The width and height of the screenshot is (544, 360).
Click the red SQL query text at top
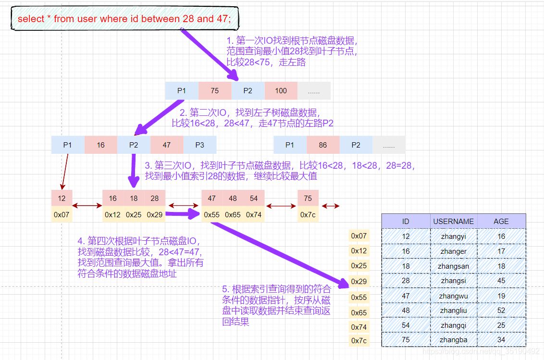tap(124, 19)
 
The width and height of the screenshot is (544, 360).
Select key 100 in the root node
tap(281, 90)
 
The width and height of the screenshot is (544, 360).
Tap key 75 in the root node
tap(214, 90)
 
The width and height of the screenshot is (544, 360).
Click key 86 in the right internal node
tap(322, 145)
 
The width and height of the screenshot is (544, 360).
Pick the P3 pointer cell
tap(199, 145)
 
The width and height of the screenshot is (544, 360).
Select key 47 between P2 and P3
tap(166, 145)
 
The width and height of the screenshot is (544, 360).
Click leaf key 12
tap(62, 198)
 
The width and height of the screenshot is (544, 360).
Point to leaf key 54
tap(253, 198)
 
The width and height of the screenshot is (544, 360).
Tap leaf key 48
tap(233, 198)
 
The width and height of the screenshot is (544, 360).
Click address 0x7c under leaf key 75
tap(308, 214)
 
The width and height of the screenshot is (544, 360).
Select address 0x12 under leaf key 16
tap(112, 214)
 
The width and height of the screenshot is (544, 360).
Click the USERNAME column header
tap(453, 221)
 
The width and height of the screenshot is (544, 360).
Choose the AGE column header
tap(501, 221)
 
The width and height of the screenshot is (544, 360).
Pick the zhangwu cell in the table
tap(453, 296)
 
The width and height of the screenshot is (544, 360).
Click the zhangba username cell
tap(453, 340)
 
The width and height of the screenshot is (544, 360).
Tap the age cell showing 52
tap(501, 310)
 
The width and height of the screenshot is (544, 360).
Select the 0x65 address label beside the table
tap(359, 312)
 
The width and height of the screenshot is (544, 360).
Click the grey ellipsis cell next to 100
tap(314, 90)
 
